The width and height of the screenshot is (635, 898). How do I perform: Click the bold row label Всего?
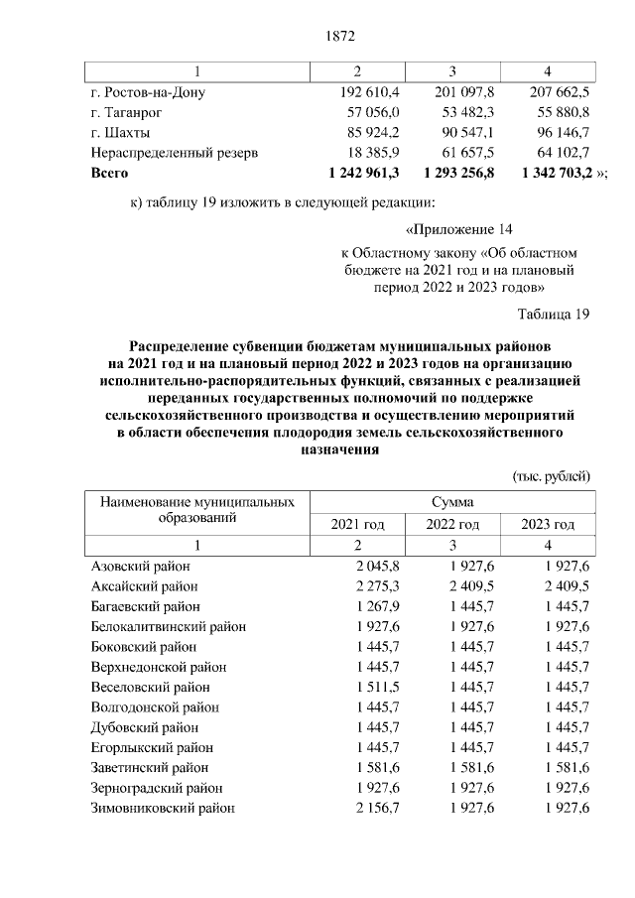click(x=108, y=172)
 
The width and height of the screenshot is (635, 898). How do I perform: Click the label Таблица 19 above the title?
click(x=555, y=315)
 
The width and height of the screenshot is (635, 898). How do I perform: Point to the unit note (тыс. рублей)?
click(x=552, y=476)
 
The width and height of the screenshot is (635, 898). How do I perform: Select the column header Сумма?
click(x=451, y=502)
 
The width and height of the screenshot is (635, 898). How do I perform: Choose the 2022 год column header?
click(x=452, y=524)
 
